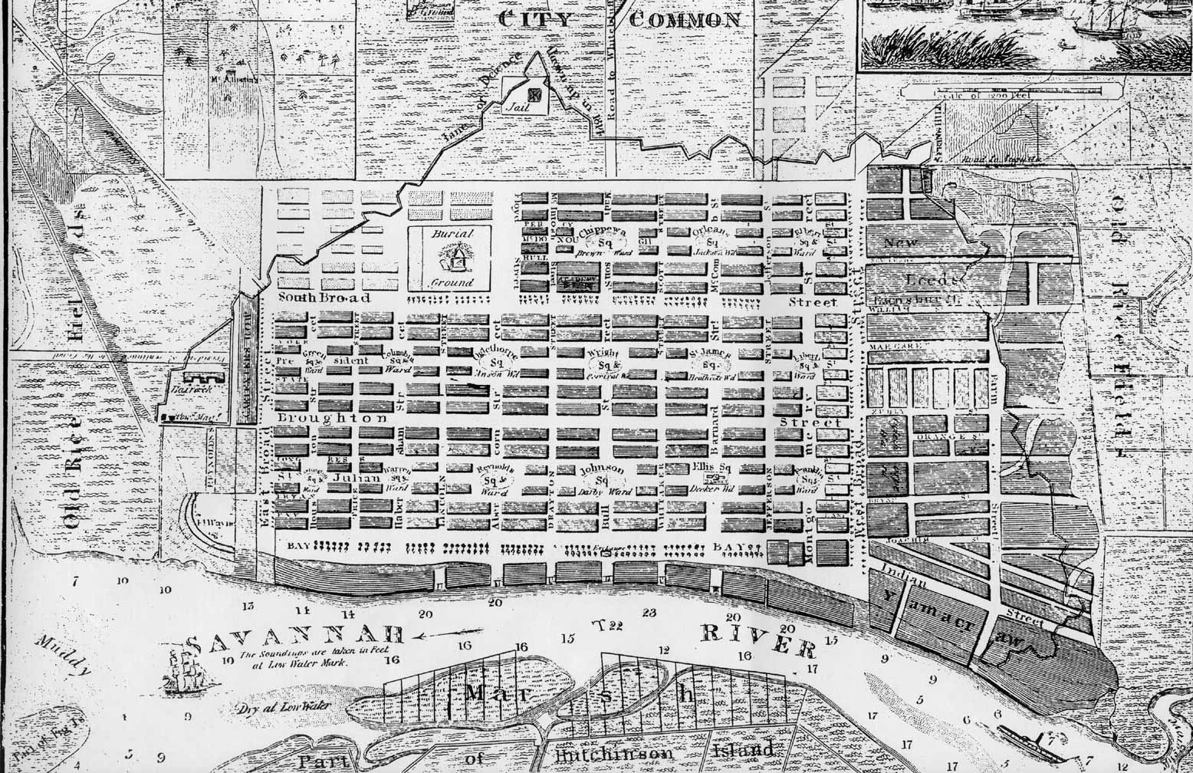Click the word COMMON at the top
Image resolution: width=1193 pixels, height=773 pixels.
pos(685,20)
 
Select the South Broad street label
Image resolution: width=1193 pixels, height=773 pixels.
pos(323,298)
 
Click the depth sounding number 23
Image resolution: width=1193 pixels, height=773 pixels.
pos(649,612)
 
